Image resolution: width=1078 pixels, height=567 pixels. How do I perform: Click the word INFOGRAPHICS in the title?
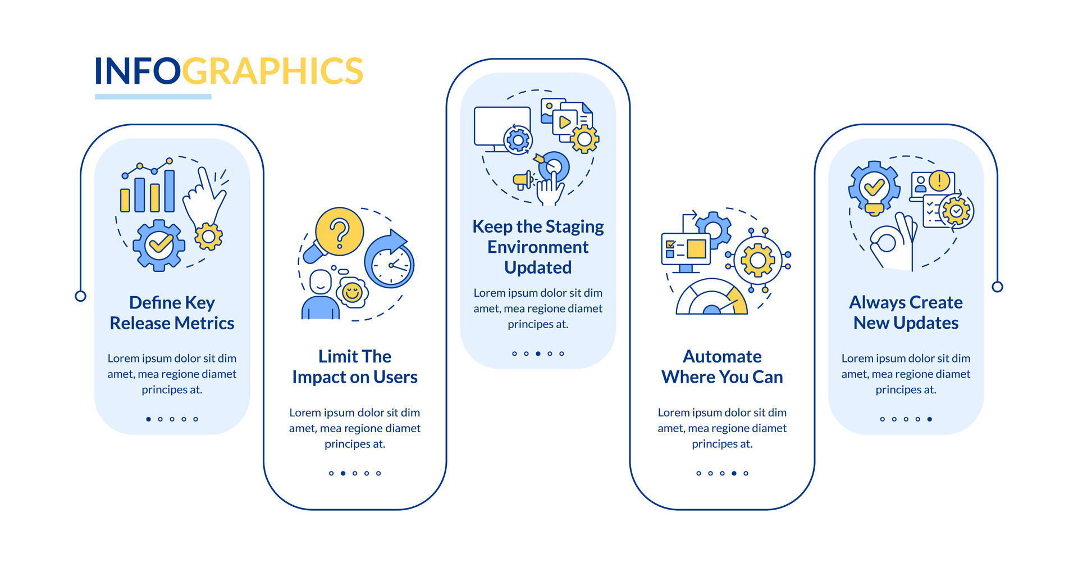pyautogui.click(x=229, y=71)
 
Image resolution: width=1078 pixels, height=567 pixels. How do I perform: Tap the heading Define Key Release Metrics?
pyautogui.click(x=172, y=313)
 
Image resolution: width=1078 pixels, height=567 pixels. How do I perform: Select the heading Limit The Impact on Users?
pyautogui.click(x=354, y=367)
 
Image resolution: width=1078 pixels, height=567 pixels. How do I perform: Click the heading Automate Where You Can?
pyautogui.click(x=722, y=367)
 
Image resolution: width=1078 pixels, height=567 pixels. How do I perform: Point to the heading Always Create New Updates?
pyautogui.click(x=906, y=313)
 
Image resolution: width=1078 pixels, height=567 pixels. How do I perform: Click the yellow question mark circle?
pyautogui.click(x=339, y=232)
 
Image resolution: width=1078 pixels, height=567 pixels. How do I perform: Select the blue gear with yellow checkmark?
pyautogui.click(x=159, y=245)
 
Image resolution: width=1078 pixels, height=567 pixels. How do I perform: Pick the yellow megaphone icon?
pyautogui.click(x=523, y=180)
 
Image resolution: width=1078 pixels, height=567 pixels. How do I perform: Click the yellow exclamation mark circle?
pyautogui.click(x=939, y=181)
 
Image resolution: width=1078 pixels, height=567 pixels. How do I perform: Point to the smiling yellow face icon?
pyautogui.click(x=353, y=292)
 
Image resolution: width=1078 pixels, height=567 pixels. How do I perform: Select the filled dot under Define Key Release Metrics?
pyautogui.click(x=148, y=419)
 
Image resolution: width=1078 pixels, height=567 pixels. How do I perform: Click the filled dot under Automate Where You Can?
pyautogui.click(x=734, y=473)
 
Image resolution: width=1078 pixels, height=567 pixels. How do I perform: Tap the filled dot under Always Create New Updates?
pyautogui.click(x=930, y=419)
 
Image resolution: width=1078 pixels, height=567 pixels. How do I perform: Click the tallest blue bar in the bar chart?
pyautogui.click(x=169, y=191)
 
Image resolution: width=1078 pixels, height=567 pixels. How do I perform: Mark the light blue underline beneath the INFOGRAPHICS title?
pyautogui.click(x=153, y=97)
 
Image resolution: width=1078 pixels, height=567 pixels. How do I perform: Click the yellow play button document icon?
pyautogui.click(x=564, y=122)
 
